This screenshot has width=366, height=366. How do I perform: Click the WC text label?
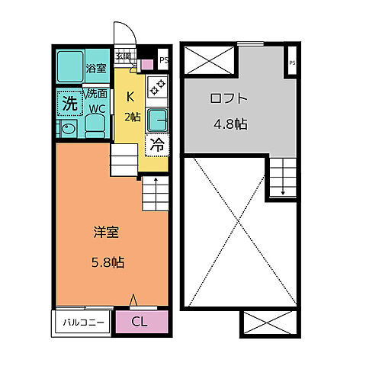[96, 108]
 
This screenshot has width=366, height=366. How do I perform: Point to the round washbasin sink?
[67, 129]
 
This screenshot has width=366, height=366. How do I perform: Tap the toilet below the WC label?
[94, 127]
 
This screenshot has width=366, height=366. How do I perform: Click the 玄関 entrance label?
[123, 56]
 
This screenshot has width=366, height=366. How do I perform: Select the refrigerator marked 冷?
[156, 144]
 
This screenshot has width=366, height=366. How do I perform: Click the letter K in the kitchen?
[130, 97]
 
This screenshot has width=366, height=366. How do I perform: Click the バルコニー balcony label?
[82, 323]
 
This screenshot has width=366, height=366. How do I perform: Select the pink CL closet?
[140, 322]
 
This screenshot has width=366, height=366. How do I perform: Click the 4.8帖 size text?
[230, 123]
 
